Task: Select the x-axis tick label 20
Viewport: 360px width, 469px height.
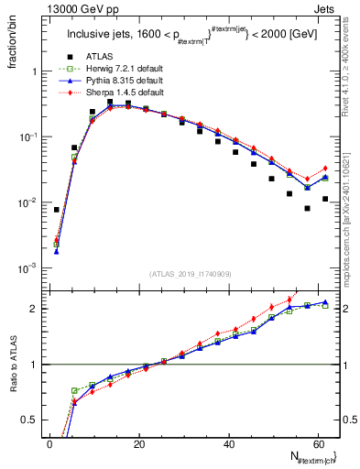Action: pos(137,443)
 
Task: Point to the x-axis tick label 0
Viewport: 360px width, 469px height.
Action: pos(49,443)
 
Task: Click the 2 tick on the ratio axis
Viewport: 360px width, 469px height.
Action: pos(36,309)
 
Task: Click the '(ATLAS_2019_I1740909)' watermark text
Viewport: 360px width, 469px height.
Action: pos(190,274)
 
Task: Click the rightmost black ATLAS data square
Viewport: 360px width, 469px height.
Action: pos(325,199)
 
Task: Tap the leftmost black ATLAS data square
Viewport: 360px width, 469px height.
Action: pos(57,210)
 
